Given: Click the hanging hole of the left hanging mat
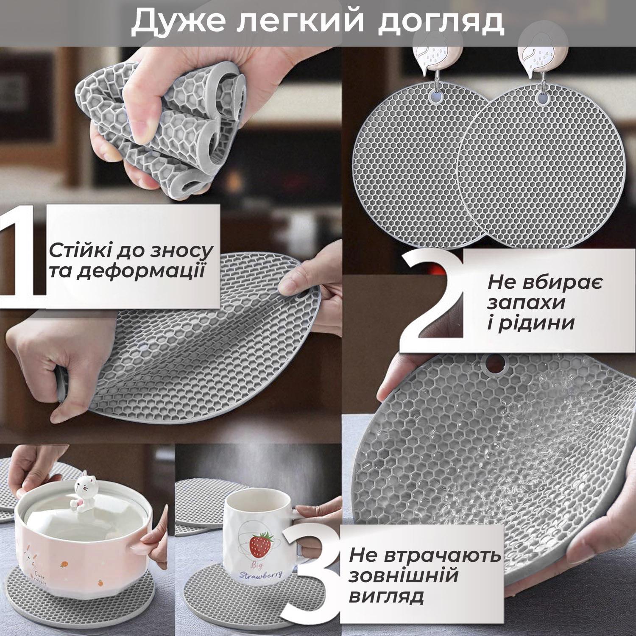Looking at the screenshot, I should (x=435, y=97).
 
